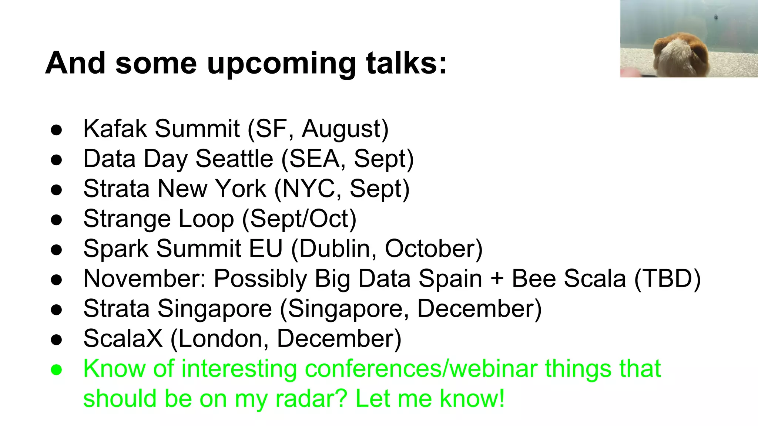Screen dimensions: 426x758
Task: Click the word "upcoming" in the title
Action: pos(281,64)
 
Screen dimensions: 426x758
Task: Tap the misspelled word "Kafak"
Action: pos(115,129)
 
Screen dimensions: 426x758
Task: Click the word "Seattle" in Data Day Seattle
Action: pos(234,159)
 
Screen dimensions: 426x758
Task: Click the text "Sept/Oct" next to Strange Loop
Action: pos(299,219)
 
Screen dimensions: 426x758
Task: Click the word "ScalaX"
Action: pos(123,338)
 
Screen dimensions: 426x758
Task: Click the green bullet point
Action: pos(56,370)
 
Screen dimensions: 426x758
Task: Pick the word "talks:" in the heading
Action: pos(406,64)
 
